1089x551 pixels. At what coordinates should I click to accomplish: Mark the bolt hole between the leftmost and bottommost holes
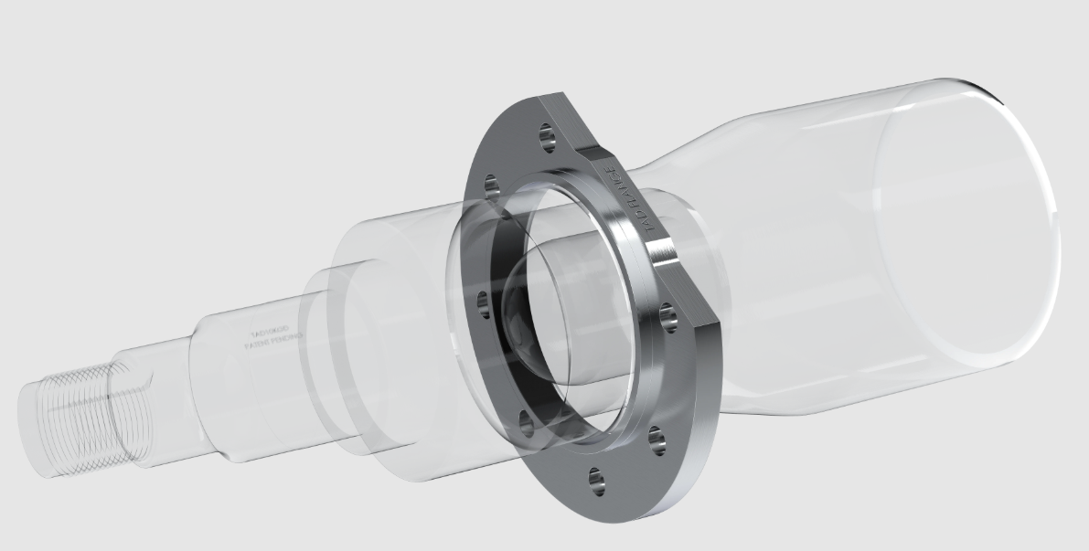click(x=524, y=419)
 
